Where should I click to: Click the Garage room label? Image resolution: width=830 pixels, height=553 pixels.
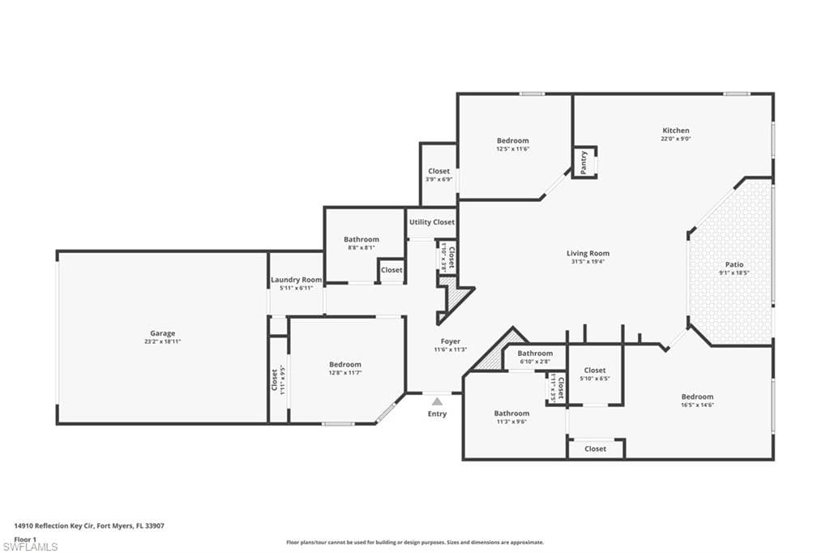click(162, 333)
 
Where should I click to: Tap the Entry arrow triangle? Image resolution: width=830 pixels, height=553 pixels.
click(437, 401)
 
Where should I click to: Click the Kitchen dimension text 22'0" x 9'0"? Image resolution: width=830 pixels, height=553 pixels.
click(676, 139)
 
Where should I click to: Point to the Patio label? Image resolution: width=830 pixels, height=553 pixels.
click(734, 264)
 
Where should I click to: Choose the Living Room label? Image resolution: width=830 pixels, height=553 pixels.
click(588, 253)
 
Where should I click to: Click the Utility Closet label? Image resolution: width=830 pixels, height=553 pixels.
click(432, 222)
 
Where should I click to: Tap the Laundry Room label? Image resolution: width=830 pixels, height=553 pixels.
click(296, 280)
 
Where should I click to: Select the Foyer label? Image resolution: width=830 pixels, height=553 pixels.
click(451, 341)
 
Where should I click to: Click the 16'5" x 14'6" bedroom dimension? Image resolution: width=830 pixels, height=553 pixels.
click(697, 405)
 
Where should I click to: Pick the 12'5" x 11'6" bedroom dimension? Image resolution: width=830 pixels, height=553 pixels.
click(512, 149)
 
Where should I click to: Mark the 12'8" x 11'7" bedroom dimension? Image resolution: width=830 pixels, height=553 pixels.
click(345, 373)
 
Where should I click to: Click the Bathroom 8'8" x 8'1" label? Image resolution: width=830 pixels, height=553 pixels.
click(361, 239)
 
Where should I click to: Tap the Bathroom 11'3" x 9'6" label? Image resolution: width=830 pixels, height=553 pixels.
click(511, 414)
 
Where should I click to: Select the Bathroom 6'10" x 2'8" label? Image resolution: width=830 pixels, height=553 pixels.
click(535, 354)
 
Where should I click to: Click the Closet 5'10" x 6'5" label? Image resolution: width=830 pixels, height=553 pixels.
click(594, 371)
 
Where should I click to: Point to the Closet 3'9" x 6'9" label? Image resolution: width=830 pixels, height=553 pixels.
click(439, 171)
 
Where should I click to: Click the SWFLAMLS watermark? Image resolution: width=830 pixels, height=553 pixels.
click(30, 546)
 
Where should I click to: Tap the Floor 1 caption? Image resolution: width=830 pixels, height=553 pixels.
click(26, 538)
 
